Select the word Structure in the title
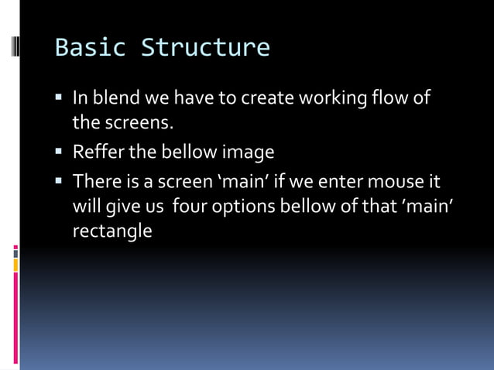tap(205, 48)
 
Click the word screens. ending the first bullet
tap(129, 123)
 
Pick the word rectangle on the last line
tap(112, 231)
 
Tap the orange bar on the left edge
tap(15, 266)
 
